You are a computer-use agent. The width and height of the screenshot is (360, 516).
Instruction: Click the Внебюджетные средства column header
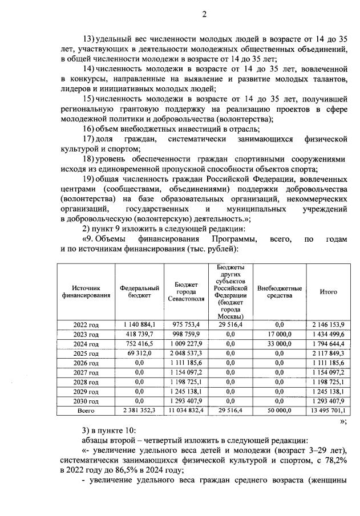[280, 292]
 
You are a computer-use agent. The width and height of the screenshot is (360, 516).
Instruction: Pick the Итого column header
[328, 292]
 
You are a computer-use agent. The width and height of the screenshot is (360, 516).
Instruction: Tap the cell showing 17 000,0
[280, 334]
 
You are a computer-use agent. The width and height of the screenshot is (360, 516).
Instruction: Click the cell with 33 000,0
[280, 344]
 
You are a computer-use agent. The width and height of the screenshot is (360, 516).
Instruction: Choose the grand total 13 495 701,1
[328, 410]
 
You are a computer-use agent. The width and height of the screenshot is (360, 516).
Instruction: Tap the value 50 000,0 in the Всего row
[280, 410]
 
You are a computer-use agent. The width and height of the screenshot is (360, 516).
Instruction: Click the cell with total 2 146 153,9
[328, 324]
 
